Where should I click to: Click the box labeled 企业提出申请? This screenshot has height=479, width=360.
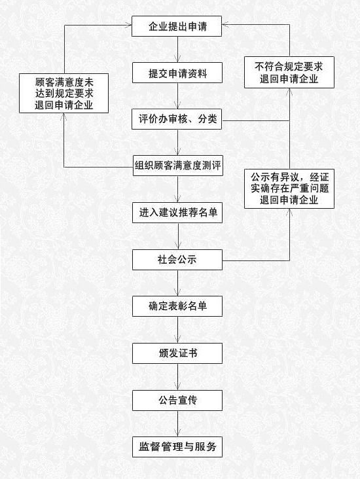[x=177, y=26]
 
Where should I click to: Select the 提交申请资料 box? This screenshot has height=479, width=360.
[x=177, y=73]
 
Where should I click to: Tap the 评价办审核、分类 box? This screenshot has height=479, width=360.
[x=177, y=119]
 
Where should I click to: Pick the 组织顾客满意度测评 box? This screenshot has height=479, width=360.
[x=178, y=166]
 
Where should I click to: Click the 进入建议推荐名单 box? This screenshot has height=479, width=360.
[x=177, y=213]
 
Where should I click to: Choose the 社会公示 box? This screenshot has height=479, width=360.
[x=177, y=260]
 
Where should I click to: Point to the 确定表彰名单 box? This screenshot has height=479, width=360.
[x=177, y=306]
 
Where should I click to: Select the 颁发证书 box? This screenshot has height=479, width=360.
[x=177, y=353]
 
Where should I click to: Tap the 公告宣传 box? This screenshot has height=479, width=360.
[x=177, y=400]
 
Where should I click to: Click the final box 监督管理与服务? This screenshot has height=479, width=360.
[x=177, y=447]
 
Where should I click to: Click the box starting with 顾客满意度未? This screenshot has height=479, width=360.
[x=64, y=93]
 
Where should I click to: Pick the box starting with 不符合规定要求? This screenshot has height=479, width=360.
[x=289, y=73]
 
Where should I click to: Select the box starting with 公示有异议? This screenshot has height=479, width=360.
[x=289, y=189]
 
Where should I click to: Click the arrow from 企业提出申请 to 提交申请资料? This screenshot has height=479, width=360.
[x=177, y=50]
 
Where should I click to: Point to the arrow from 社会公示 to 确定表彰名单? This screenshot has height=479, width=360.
[x=177, y=283]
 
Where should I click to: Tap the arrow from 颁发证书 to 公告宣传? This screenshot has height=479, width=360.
[x=177, y=377]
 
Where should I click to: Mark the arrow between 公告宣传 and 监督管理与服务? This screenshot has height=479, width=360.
[x=177, y=424]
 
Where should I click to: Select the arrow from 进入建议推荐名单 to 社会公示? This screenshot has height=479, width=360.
[x=178, y=236]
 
